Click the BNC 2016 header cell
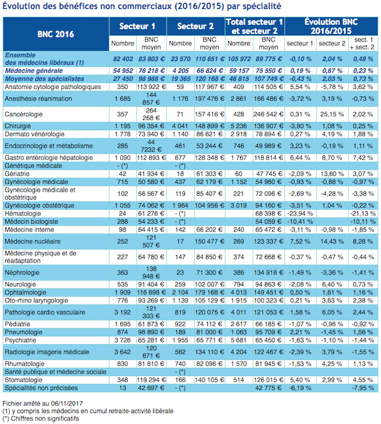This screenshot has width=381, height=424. coord(56,33)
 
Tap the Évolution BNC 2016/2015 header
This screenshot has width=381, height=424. coord(331,27)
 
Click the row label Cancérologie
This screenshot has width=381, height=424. coord(25,113)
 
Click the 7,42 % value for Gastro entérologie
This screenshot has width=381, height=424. coord(364,157)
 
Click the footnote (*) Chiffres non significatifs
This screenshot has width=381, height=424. coord(41,418)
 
